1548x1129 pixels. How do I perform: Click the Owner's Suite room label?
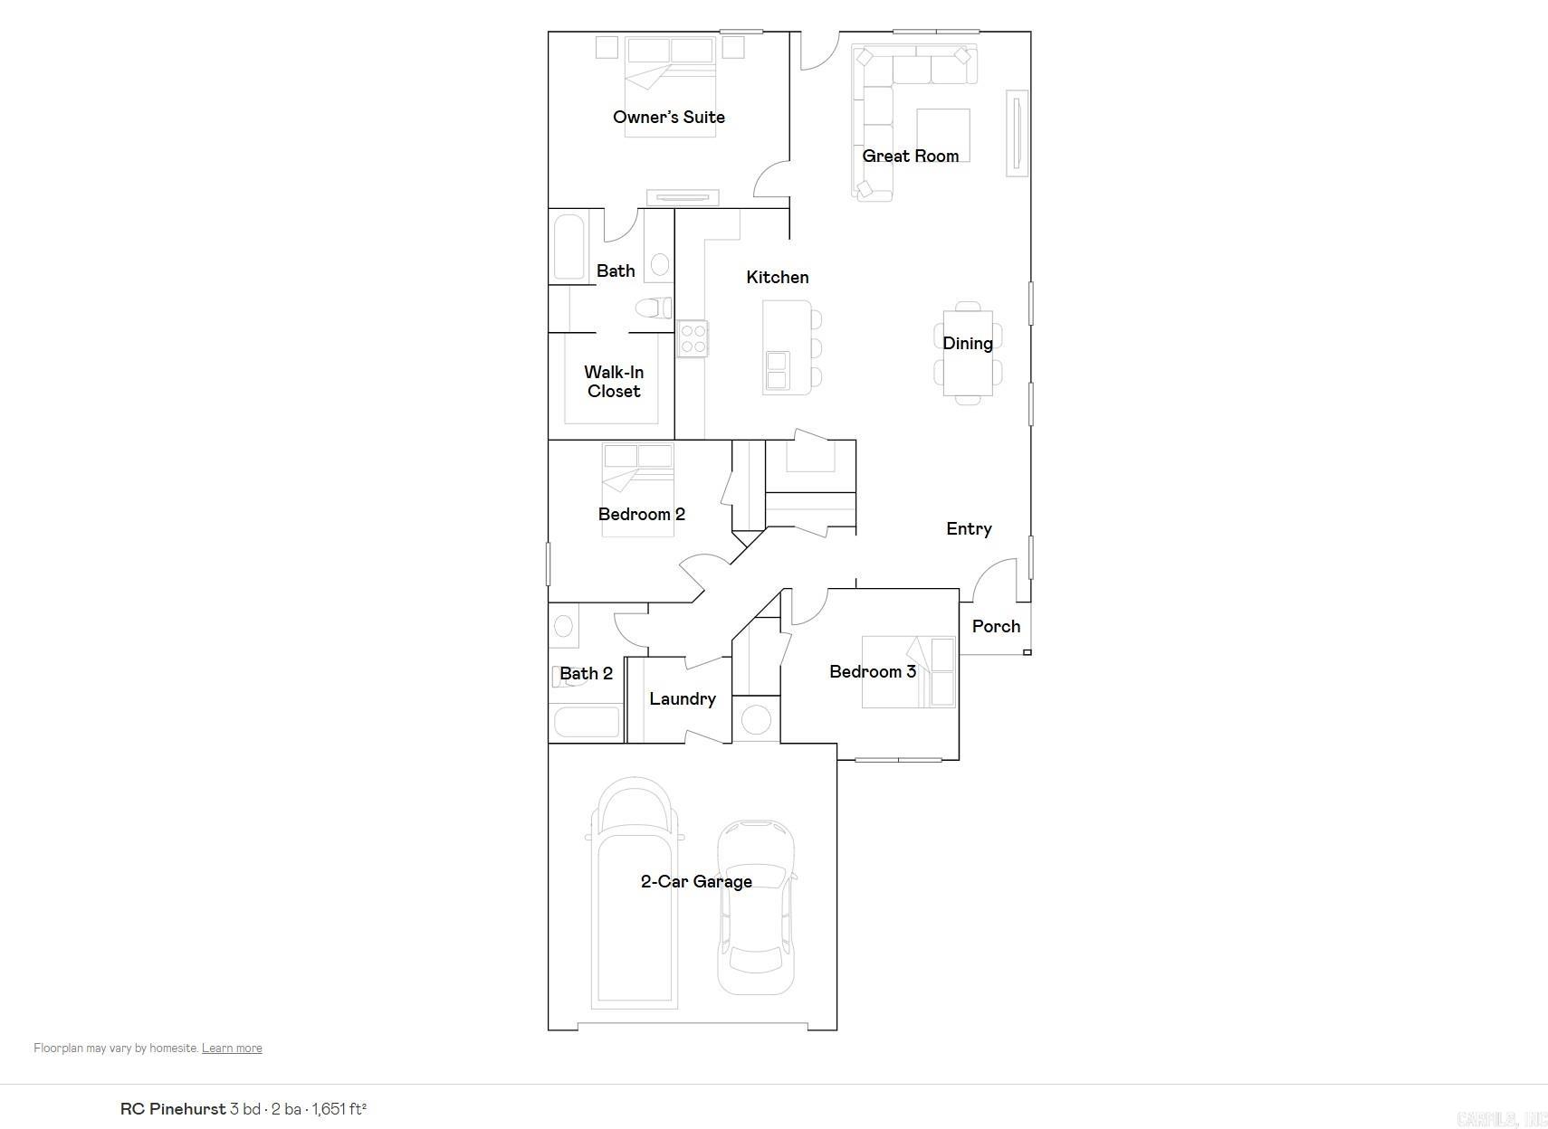tap(668, 117)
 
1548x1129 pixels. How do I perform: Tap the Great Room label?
tap(910, 156)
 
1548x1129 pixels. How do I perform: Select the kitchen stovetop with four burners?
tap(693, 338)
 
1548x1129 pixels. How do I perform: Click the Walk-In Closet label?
tap(614, 382)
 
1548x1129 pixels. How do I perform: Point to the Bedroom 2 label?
tap(641, 514)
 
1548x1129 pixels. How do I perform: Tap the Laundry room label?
tap(682, 698)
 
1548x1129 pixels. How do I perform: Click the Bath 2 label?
tap(586, 673)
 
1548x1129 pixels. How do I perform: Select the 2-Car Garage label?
tap(696, 881)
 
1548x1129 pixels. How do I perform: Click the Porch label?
tap(996, 626)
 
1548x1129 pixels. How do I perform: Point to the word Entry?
tap(969, 528)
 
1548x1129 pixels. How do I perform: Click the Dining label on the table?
tap(967, 343)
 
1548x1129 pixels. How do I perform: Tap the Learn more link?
tap(232, 1048)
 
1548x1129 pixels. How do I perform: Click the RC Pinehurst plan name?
tap(173, 1108)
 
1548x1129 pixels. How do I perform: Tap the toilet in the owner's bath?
tap(654, 308)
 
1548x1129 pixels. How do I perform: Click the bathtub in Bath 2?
tap(586, 722)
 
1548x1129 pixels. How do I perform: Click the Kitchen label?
tap(777, 277)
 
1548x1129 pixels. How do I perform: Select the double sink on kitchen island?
tap(776, 371)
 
